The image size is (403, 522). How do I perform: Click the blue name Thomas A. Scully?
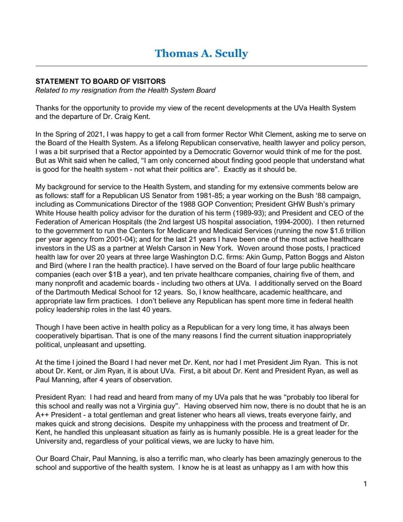coord(201,53)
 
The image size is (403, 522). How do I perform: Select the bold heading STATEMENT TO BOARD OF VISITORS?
coord(100,81)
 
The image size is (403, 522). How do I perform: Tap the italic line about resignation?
coord(125,90)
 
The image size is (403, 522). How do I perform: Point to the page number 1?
coord(365,484)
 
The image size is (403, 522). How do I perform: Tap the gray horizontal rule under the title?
coord(201,66)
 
